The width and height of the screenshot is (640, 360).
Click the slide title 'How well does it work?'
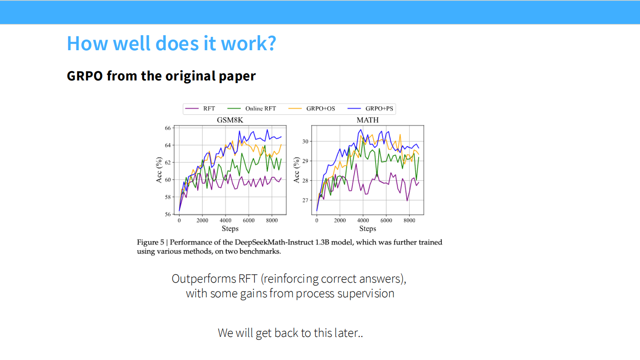click(x=171, y=44)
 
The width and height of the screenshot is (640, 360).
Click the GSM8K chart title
click(x=230, y=120)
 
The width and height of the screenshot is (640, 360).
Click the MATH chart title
click(x=368, y=120)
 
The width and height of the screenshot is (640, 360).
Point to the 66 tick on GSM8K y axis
click(x=168, y=128)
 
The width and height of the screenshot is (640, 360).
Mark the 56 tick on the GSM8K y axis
click(x=168, y=214)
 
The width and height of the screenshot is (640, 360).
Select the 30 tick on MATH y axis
click(x=305, y=141)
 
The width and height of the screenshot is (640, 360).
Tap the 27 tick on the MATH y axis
click(x=305, y=200)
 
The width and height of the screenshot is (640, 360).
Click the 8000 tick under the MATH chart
click(x=410, y=220)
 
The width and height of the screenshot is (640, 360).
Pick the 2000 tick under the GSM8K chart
click(x=202, y=220)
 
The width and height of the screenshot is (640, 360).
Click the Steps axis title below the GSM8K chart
click(x=230, y=229)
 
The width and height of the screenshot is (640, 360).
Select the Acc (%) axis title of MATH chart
click(x=297, y=170)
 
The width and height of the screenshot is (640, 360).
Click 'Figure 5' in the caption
click(x=150, y=243)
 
